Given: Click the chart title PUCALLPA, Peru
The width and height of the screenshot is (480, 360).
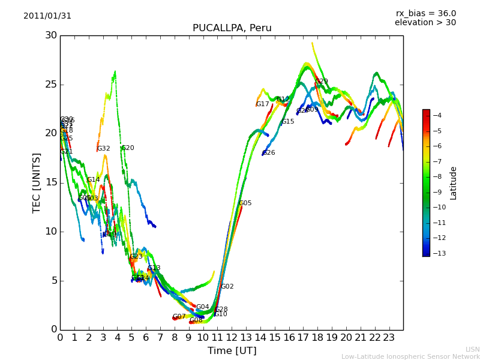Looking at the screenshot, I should coord(232,28).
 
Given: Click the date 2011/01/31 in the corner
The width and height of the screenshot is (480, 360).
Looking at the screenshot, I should coord(47,16).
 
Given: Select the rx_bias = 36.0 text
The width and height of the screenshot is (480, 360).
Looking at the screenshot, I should coord(425,14).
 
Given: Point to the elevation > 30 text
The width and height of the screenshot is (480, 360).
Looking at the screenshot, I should coord(425,23).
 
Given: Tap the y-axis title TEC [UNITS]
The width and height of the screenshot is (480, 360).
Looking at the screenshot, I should coord(37,182).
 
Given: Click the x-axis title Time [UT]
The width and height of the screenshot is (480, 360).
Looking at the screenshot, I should coord(232,350).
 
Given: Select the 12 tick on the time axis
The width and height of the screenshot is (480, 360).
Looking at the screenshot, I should coord(232,337).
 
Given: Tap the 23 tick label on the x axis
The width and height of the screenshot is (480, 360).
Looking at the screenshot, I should coord(389,337).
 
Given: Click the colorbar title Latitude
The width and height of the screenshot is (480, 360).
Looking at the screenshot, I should coord(454,183).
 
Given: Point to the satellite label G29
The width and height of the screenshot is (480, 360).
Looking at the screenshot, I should coord(322,82).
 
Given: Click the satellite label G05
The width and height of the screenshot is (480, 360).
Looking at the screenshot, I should coord(245,203).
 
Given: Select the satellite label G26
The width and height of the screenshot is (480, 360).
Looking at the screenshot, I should coord(269,153).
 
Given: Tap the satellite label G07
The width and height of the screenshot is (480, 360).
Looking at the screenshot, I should coord(179,317).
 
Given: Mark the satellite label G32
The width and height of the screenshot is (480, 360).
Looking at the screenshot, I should coord(104,149).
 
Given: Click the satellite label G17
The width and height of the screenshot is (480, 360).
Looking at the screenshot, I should coord(263,104).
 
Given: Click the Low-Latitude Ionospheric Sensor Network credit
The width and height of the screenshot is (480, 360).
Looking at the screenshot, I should coord(410,356).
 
